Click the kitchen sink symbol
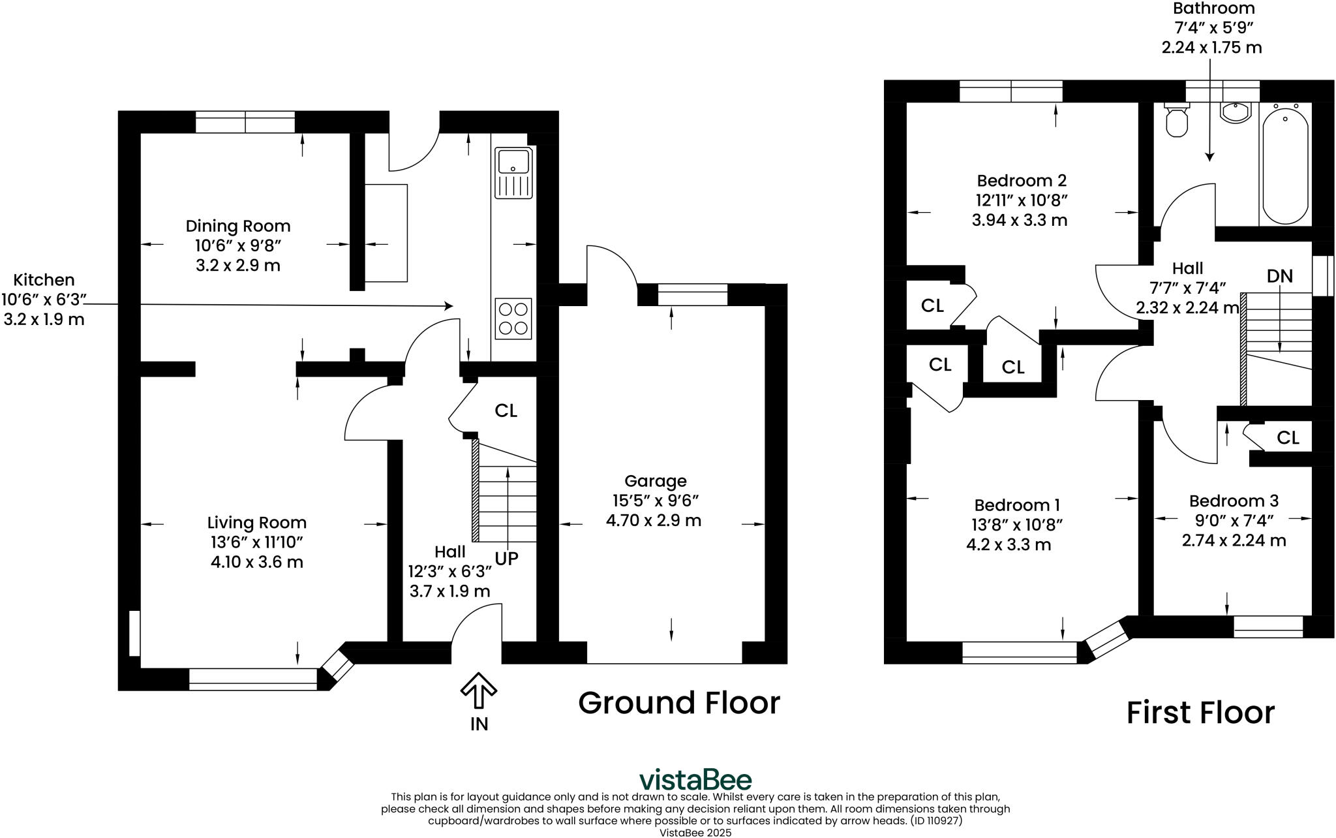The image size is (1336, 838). point(514,172)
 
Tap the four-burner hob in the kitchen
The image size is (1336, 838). point(513,318)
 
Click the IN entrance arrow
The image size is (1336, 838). point(479,691)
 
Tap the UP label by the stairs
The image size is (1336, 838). point(506,559)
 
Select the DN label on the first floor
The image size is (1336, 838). point(1279,276)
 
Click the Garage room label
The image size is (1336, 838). point(655,481)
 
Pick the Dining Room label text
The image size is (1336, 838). point(238,226)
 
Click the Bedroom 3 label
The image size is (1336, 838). point(1234,501)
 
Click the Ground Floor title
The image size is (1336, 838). point(678,703)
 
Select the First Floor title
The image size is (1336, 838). point(1200,713)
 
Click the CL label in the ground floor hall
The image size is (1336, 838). point(506,411)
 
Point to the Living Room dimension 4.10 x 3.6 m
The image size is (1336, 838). point(256,562)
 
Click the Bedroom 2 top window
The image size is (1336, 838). point(1010,91)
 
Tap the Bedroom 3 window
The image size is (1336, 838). point(1268,627)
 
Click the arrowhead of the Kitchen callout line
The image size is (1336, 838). point(449,305)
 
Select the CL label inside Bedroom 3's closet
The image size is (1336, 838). point(1287,437)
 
